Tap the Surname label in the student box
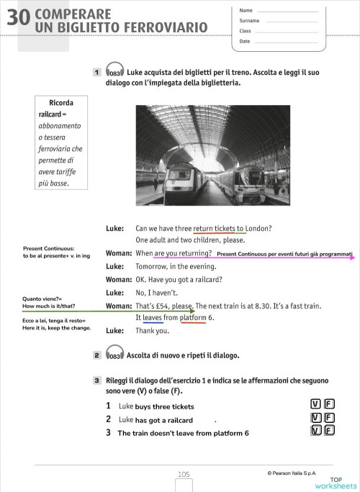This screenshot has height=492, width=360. click(x=249, y=21)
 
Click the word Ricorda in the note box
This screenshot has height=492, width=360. click(x=60, y=103)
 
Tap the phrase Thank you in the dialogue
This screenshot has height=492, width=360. click(x=152, y=331)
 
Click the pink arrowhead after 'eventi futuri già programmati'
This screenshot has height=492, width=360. click(x=352, y=255)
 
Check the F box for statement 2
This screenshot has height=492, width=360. click(x=330, y=418)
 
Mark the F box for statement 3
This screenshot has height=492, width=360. click(x=330, y=431)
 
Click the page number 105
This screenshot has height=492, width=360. click(x=184, y=474)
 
